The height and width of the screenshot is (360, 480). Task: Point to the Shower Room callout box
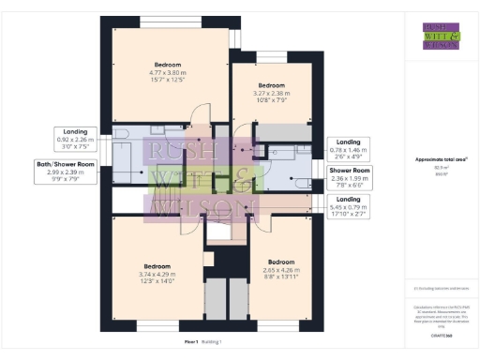[x=349, y=176]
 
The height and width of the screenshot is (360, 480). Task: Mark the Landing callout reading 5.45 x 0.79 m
[x=349, y=205]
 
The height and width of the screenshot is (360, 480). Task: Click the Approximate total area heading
[x=441, y=160]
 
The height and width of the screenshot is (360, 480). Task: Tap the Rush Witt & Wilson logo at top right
[x=441, y=35]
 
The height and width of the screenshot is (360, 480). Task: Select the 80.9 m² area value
[x=440, y=169]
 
